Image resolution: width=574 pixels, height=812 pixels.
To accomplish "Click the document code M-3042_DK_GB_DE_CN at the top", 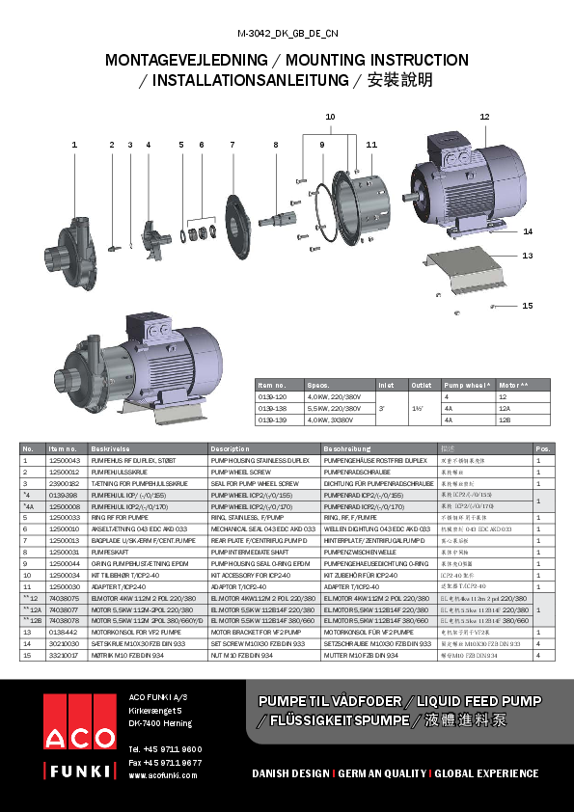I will [x=287, y=33].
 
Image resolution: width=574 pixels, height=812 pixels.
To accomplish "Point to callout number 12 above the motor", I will [x=484, y=117].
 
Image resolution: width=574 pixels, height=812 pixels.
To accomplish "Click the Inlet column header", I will [x=387, y=384].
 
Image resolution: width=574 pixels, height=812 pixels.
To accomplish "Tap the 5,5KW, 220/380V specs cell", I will [x=330, y=409].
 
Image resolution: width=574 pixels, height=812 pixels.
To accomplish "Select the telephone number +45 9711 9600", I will [x=165, y=748].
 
